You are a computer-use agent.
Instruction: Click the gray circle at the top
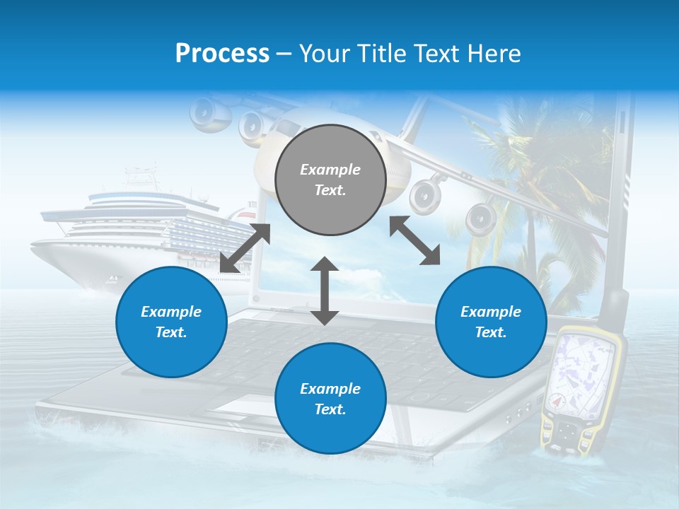tap(330, 180)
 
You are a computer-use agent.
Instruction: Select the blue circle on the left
tap(171, 322)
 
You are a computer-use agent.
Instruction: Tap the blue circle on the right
tap(491, 322)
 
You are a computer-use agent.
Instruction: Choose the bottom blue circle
tap(330, 399)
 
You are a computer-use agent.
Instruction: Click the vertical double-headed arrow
tap(325, 291)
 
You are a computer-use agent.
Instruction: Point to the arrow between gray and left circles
tap(245, 248)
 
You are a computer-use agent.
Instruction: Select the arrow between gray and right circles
tap(414, 240)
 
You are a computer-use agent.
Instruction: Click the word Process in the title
tap(222, 54)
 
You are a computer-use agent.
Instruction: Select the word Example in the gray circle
tap(330, 170)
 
